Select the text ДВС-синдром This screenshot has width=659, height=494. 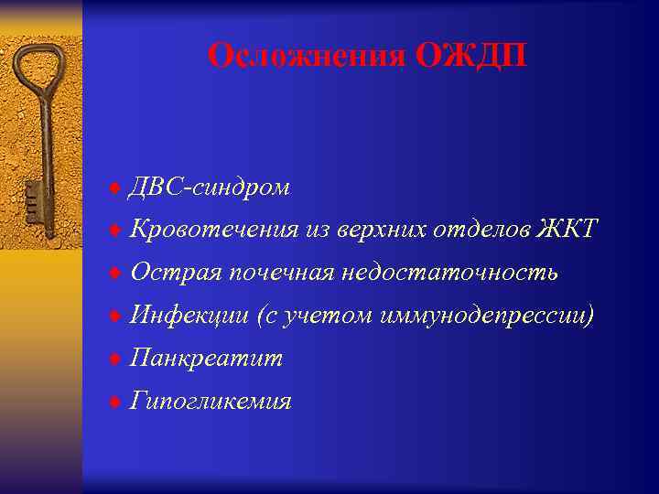click(210, 188)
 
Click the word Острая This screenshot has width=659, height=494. click(175, 273)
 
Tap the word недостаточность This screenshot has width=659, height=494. click(449, 273)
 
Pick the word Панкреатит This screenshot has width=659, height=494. click(206, 359)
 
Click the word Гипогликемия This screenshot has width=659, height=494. click(211, 402)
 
